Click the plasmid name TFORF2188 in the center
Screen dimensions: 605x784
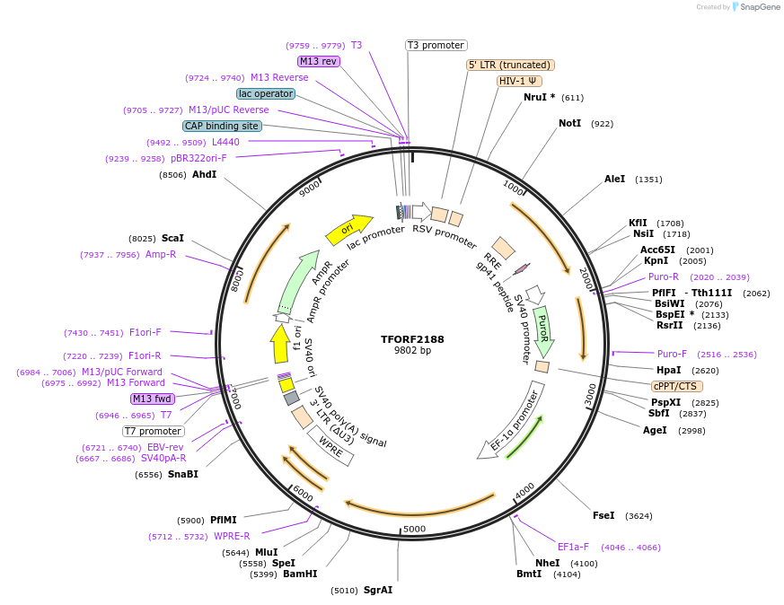pos(412,339)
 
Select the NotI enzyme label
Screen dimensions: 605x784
pos(569,123)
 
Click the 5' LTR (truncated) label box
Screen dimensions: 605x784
pos(510,65)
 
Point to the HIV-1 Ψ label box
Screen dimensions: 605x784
pos(519,81)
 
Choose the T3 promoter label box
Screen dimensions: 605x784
pos(436,45)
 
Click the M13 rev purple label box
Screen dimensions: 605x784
pos(319,61)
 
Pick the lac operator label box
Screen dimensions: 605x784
pos(266,93)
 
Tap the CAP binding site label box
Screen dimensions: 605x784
pos(222,126)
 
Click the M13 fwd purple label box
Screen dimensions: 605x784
pos(152,399)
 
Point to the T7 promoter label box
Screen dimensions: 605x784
pos(154,431)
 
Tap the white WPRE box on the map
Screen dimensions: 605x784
pos(331,445)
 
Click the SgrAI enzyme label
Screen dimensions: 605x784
pos(377,590)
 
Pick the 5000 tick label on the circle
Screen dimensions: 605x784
pos(414,529)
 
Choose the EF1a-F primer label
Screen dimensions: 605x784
pos(573,547)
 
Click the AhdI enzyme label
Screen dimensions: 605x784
pos(204,174)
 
